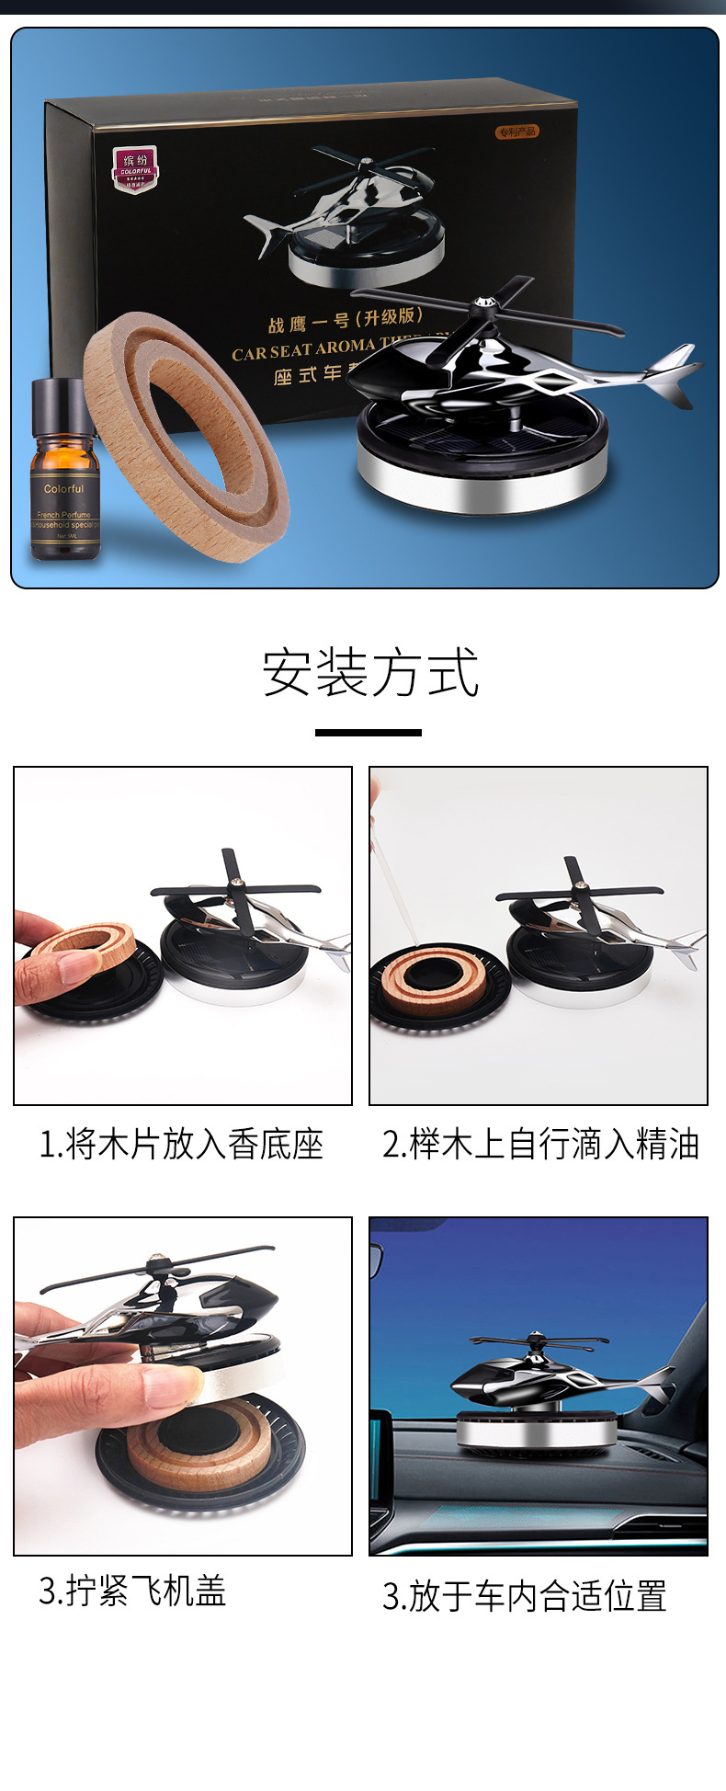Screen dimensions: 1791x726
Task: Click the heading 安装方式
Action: click(370, 673)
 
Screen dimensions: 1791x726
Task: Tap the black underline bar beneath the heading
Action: click(368, 733)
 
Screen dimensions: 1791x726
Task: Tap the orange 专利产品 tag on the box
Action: click(517, 131)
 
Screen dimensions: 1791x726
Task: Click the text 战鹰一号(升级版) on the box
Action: click(345, 320)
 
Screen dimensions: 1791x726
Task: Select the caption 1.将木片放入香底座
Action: click(181, 1145)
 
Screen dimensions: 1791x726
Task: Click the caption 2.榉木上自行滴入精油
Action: click(540, 1145)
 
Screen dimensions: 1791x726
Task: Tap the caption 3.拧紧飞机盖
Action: click(132, 1591)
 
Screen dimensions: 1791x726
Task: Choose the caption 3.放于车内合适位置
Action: click(524, 1596)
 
